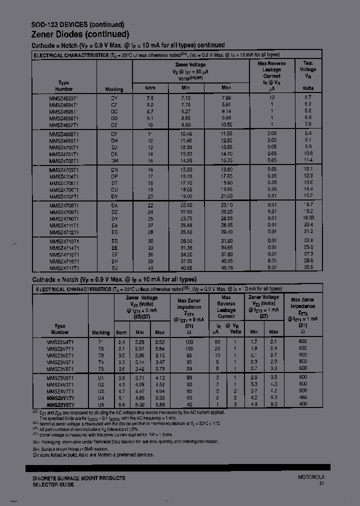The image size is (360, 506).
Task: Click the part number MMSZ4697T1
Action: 63,125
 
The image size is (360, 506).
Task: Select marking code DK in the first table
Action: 114,154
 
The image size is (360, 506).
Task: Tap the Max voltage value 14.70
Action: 226,154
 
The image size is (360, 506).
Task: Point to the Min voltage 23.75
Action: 186,218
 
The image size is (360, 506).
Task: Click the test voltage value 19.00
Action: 307,218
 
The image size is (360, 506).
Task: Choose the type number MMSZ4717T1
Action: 63,268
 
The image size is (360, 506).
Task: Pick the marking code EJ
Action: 114,268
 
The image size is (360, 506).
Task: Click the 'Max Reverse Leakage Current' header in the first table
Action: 271,73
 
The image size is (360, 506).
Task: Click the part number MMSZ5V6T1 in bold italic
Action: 60,404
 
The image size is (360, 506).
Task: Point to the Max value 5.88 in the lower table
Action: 159,404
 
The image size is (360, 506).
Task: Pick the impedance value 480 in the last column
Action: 302,397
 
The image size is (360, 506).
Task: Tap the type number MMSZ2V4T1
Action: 60,342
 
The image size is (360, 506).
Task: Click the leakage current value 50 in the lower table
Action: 217,342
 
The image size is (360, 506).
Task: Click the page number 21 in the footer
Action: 321,484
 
